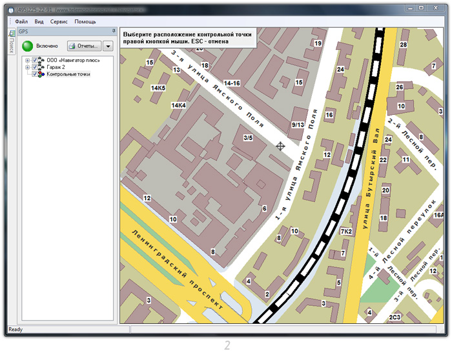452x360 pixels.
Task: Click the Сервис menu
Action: pyautogui.click(x=59, y=21)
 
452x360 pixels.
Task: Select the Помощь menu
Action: pyautogui.click(x=85, y=21)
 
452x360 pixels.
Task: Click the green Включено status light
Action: pyautogui.click(x=28, y=46)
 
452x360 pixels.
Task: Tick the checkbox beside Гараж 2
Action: pyautogui.click(x=36, y=67)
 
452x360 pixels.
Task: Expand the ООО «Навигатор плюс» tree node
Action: pyautogui.click(x=28, y=60)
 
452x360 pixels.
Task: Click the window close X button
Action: pyautogui.click(x=435, y=7)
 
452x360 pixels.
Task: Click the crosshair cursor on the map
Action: pyautogui.click(x=280, y=146)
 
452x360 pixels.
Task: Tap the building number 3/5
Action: pyautogui.click(x=248, y=137)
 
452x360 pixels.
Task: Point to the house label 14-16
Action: pyautogui.click(x=232, y=83)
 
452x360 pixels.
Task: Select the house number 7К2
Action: pyautogui.click(x=346, y=231)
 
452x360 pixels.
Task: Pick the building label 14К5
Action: pyautogui.click(x=158, y=88)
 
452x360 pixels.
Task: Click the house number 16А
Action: pyautogui.click(x=439, y=215)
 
